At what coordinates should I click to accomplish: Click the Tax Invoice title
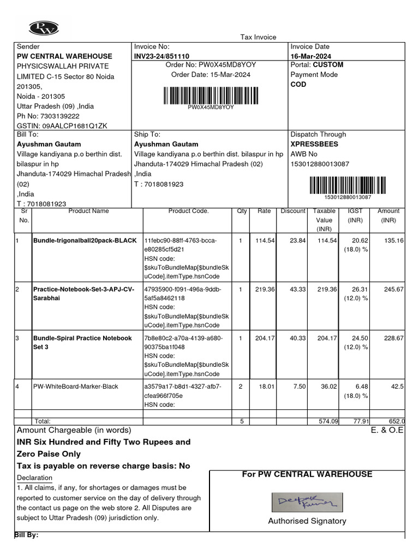click(259, 37)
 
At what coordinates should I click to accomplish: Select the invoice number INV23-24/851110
click(161, 56)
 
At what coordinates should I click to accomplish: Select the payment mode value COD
click(298, 85)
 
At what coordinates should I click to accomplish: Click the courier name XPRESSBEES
click(314, 144)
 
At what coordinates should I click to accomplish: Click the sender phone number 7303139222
click(57, 116)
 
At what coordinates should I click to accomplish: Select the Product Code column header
click(188, 211)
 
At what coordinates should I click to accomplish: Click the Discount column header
click(292, 211)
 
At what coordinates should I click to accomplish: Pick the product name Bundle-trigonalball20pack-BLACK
click(85, 241)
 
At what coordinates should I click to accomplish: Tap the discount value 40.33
click(297, 338)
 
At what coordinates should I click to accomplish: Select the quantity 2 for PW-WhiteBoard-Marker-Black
click(241, 387)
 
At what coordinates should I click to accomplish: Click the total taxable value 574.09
click(328, 421)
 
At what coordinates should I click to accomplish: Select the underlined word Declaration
click(34, 478)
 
